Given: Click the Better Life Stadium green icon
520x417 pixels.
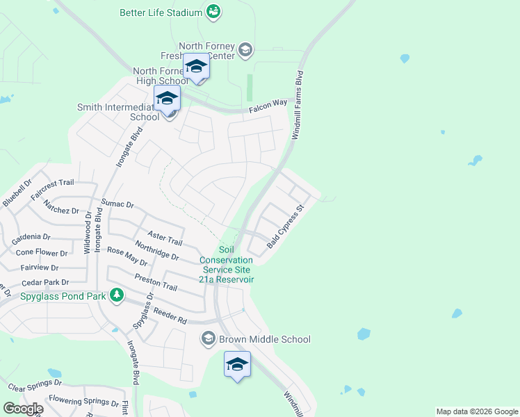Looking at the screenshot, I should coord(213,12).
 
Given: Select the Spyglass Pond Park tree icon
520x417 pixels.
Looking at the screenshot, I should coord(117,295).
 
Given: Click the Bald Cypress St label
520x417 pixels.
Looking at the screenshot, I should coord(286,227).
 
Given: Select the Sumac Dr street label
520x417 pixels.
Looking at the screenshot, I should coord(117,204).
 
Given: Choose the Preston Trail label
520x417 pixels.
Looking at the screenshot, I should coord(156,281).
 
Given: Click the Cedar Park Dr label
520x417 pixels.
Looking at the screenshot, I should coord(45,283).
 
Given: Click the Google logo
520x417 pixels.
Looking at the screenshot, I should coord(22,409).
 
